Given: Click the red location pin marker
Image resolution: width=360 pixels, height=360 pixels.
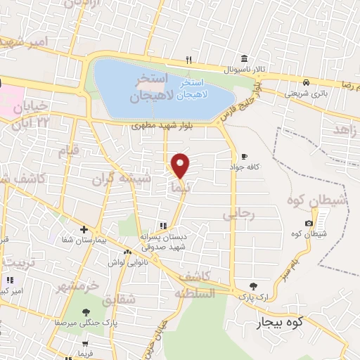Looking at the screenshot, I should [181, 166].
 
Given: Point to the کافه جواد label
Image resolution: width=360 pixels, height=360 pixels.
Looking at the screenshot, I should [243, 168].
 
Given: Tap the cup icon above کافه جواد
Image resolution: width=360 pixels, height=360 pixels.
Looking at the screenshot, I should [244, 156].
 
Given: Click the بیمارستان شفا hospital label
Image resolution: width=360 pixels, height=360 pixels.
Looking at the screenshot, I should [84, 241].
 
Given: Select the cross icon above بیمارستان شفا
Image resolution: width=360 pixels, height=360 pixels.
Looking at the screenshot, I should [84, 229].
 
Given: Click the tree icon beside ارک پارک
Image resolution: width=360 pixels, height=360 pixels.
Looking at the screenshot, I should [253, 285].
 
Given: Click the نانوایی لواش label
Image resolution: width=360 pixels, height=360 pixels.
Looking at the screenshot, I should [127, 264].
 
